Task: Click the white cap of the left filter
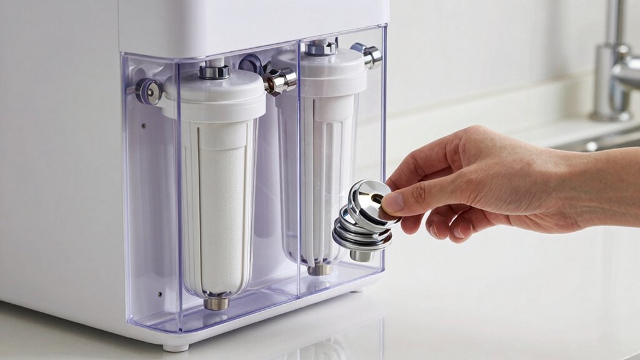[x=213, y=94]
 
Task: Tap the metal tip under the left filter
[x=217, y=302]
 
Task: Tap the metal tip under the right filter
[x=320, y=269]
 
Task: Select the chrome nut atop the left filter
[x=214, y=71]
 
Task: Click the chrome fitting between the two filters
[x=279, y=80]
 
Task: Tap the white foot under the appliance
[x=175, y=346]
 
